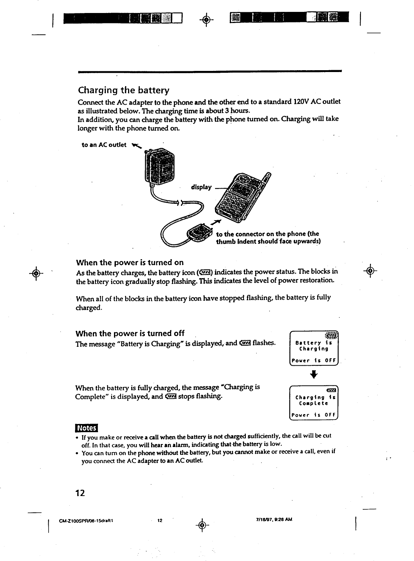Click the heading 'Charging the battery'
point(124,90)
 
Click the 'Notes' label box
point(86,428)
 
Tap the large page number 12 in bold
point(80,493)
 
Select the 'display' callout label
point(201,187)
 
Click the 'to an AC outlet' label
point(104,145)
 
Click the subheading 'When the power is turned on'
point(130,262)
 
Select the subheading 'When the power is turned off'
point(130,333)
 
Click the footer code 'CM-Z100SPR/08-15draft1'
point(86,520)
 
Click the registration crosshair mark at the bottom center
point(201,525)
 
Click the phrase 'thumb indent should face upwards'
point(268,241)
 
